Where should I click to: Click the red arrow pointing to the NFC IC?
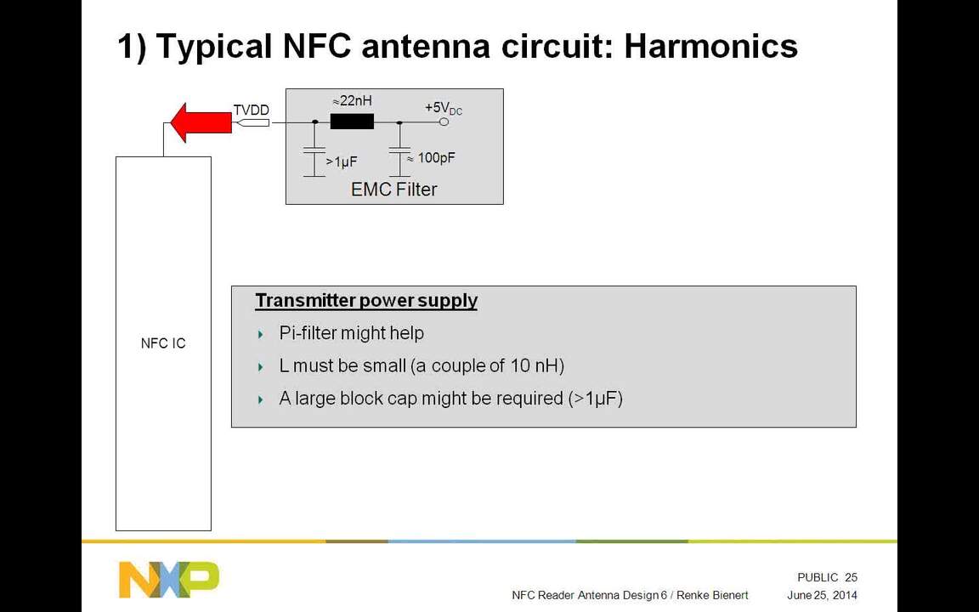coord(201,122)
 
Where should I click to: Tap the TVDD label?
coord(251,110)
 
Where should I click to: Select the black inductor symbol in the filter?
coord(352,122)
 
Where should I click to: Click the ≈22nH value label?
coord(352,101)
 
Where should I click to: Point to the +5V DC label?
coord(443,108)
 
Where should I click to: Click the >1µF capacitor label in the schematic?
coord(341,161)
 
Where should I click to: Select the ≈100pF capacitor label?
coord(431,158)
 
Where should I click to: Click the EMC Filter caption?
coord(393,189)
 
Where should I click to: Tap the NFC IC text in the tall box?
coord(163,343)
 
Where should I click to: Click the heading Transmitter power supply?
coord(366,301)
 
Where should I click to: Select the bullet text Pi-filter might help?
coord(351,333)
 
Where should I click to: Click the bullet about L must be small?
coord(422,365)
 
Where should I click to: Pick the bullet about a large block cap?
coord(450,398)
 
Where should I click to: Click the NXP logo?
coord(168,579)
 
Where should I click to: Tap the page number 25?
coord(851,578)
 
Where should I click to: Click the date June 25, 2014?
coord(822,595)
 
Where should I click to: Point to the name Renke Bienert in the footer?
coord(712,595)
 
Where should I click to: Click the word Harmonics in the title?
coord(710,46)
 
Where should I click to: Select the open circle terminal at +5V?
coord(444,122)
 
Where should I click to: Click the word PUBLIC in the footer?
coord(818,578)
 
